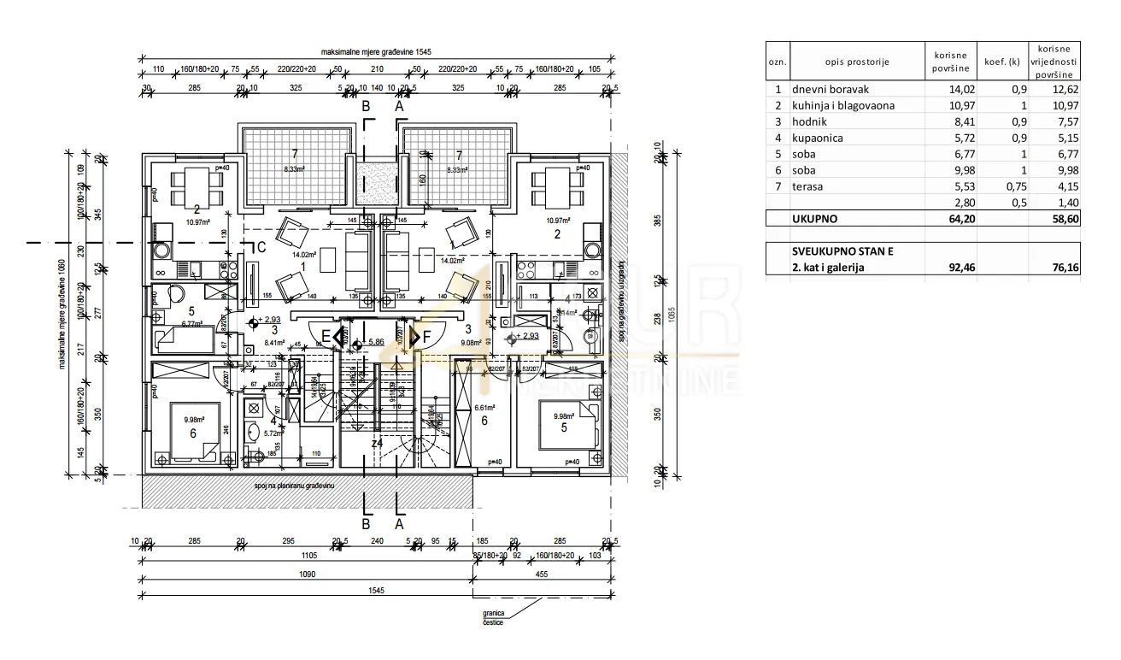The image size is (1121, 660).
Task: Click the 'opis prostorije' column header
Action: pos(857,62)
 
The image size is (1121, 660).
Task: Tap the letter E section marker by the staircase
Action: pos(325,338)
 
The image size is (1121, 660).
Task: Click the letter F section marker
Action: pos(427,338)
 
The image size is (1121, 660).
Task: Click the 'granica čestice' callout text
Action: pos(492,617)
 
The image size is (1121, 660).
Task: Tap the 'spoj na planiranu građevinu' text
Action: pos(292,485)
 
